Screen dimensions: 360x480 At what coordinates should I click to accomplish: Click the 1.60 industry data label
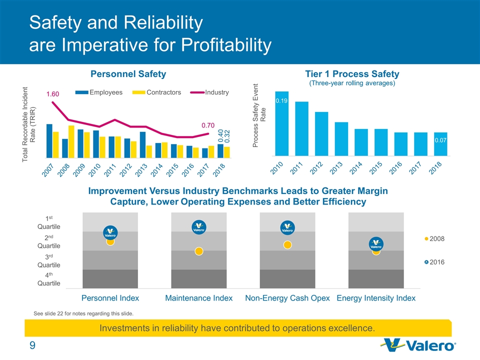[x=53, y=94]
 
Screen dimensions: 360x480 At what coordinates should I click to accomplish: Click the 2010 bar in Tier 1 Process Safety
[x=282, y=123]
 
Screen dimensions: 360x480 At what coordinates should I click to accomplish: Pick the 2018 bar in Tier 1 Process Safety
[x=440, y=143]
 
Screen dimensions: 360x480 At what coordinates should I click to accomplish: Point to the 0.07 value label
[x=440, y=141]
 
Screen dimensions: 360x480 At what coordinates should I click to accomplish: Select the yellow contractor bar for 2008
[x=71, y=140]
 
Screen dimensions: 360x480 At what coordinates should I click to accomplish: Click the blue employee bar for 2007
[x=49, y=140]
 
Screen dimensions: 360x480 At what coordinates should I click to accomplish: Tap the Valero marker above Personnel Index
[x=110, y=232]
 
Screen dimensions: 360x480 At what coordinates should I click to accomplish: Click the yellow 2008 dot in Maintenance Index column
[x=199, y=251]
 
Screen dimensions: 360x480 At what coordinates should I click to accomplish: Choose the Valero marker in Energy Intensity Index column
[x=376, y=244]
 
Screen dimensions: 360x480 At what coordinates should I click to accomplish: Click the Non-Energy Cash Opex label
[x=287, y=298]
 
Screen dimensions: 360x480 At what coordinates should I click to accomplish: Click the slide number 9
[x=32, y=345]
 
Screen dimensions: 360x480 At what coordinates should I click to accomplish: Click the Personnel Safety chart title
[x=128, y=74]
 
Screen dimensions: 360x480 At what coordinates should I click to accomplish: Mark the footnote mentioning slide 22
[x=83, y=313]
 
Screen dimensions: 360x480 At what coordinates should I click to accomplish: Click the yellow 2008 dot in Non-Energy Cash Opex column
[x=287, y=245]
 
